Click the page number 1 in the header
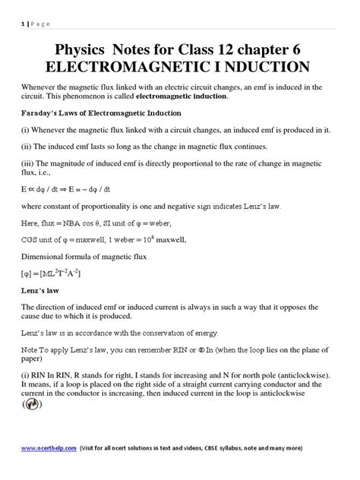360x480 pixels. tap(13, 23)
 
